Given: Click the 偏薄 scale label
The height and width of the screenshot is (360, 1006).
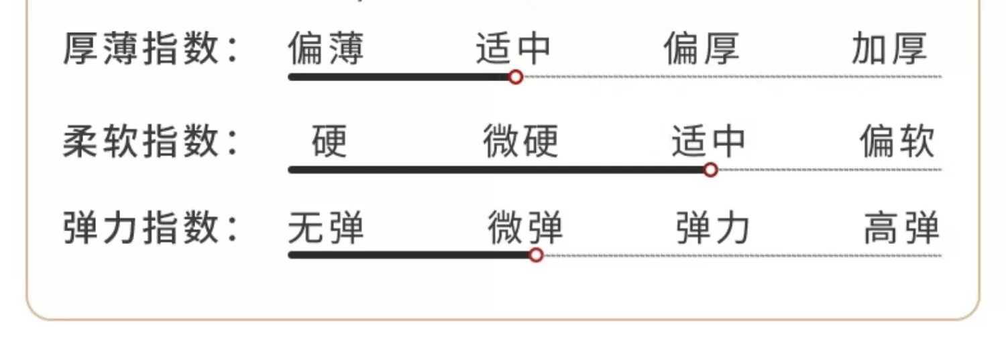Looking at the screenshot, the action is pyautogui.click(x=326, y=49).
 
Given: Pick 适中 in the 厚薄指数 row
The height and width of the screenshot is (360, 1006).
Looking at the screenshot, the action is pyautogui.click(x=513, y=49).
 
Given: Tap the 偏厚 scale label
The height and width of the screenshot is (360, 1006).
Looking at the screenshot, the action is pyautogui.click(x=702, y=49).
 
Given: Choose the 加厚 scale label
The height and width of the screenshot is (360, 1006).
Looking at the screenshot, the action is pyautogui.click(x=889, y=49).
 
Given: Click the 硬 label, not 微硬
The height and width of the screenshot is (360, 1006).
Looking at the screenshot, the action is pyautogui.click(x=329, y=141).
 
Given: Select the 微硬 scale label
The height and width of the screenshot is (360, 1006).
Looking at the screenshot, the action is pyautogui.click(x=520, y=141).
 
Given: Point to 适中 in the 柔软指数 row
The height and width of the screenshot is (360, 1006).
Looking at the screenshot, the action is pyautogui.click(x=708, y=141).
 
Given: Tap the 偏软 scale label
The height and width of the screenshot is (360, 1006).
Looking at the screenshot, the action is pyautogui.click(x=897, y=141).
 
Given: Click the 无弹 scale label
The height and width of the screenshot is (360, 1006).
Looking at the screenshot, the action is pyautogui.click(x=326, y=229).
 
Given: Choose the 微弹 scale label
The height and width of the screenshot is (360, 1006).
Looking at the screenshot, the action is pyautogui.click(x=525, y=229).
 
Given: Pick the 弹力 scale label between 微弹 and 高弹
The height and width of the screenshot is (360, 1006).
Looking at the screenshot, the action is pyautogui.click(x=712, y=229).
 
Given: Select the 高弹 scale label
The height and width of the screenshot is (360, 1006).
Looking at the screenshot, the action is pyautogui.click(x=901, y=229).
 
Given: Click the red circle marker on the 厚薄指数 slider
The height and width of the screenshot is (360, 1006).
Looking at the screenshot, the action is pyautogui.click(x=515, y=77).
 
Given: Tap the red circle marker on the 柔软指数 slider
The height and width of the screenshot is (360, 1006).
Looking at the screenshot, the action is pyautogui.click(x=711, y=170).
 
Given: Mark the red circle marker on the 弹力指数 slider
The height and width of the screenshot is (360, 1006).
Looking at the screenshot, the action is pyautogui.click(x=536, y=255).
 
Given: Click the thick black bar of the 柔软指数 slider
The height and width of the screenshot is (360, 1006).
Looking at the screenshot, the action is pyautogui.click(x=496, y=170).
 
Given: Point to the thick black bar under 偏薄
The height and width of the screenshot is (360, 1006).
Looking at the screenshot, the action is pyautogui.click(x=329, y=77).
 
